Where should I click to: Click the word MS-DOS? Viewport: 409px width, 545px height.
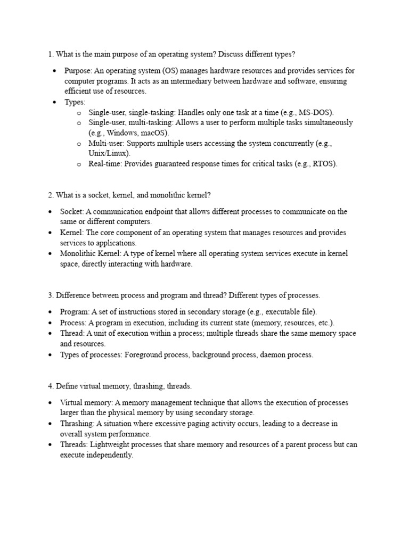(315, 112)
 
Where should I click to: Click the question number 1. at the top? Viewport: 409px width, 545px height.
(51, 54)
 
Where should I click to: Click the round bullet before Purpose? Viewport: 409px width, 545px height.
(54, 71)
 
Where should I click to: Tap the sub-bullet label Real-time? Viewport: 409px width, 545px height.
(105, 163)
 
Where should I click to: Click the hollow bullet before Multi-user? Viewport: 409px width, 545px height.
(78, 144)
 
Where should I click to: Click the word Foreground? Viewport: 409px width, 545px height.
(144, 354)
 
